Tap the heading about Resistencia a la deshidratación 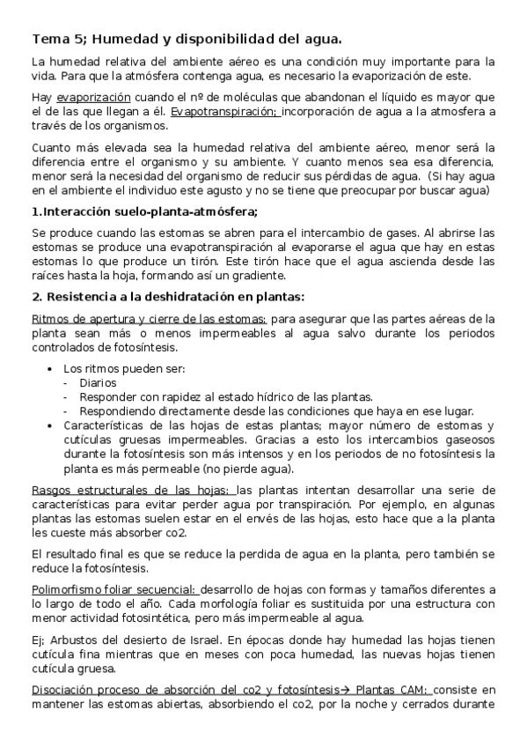pos(167,296)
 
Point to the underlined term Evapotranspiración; pos(223,112)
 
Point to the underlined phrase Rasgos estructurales pos(87,490)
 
